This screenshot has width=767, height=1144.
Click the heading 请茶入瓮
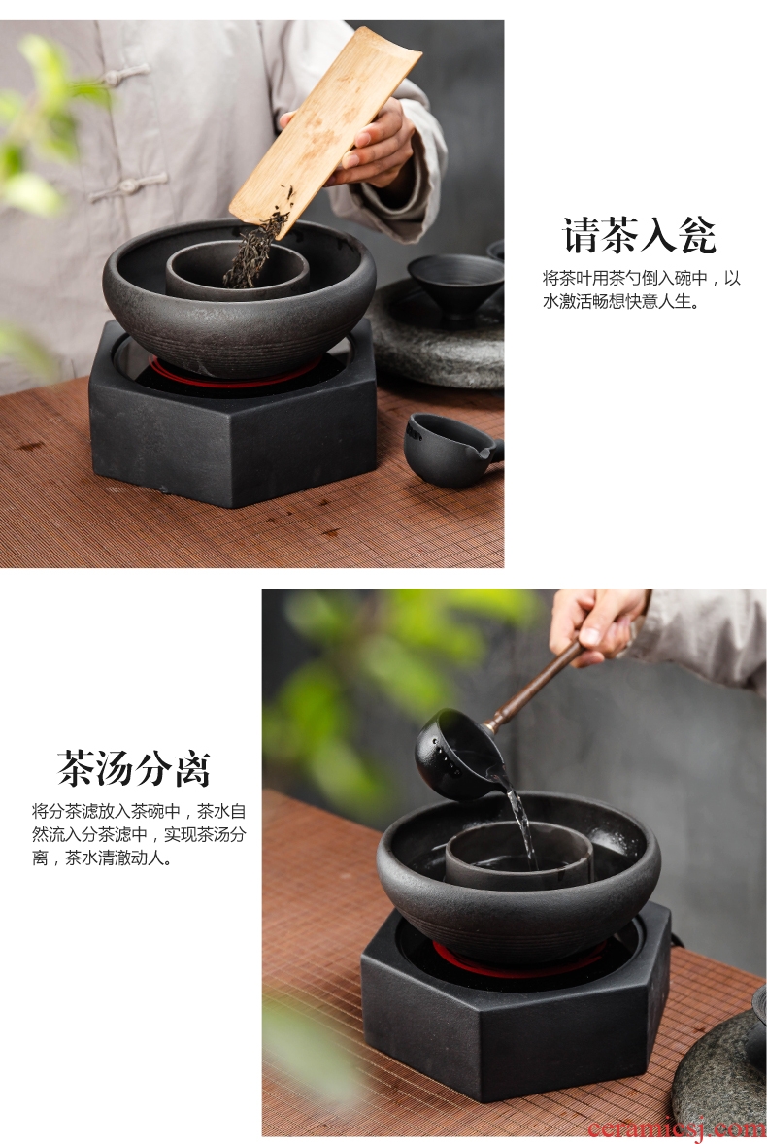[639, 235]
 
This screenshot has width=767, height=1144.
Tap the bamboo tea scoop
[325, 132]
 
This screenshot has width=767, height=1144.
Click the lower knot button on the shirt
[126, 187]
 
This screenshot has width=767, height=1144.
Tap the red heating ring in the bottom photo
[518, 960]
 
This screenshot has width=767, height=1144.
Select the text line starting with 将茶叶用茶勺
[641, 278]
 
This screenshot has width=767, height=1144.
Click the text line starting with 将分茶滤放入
[139, 811]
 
